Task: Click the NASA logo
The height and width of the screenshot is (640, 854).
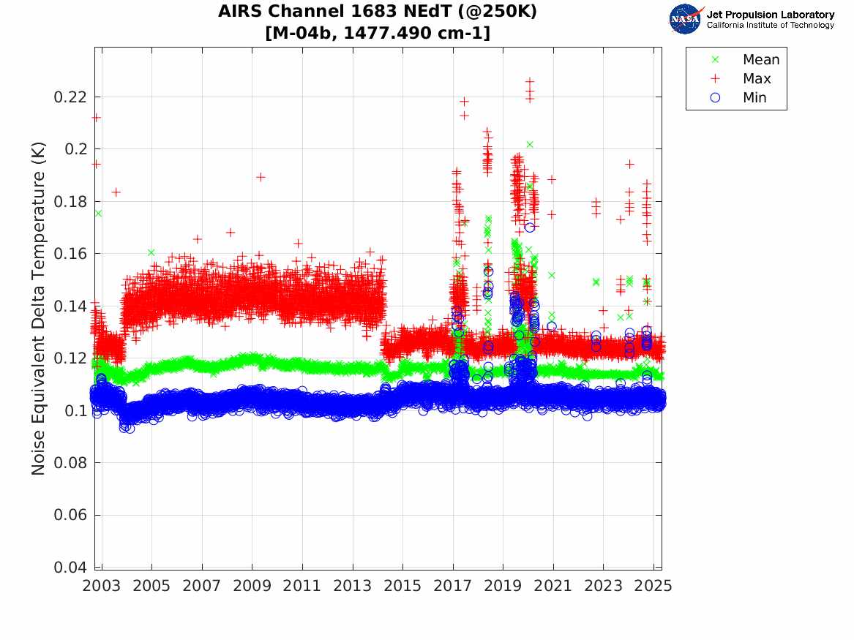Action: pos(686,19)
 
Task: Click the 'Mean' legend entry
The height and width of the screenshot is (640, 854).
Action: pos(761,60)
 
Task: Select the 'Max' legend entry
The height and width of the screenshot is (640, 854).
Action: pos(757,79)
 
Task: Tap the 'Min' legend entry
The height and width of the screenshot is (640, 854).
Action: pos(755,98)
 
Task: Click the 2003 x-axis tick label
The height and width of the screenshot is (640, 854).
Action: pos(102,586)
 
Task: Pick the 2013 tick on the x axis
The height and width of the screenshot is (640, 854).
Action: pos(353,586)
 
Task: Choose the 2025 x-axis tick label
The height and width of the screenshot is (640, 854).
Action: pos(653,586)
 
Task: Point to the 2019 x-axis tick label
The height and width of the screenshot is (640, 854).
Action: pos(503,586)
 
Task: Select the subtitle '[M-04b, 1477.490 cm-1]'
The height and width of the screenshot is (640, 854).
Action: pos(377,33)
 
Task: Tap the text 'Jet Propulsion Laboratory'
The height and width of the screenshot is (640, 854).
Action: pos(770,15)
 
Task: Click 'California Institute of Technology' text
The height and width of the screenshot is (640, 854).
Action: pos(770,26)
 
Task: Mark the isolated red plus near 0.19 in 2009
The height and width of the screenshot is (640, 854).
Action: pos(261,177)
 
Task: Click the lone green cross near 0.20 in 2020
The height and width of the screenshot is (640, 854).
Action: pos(530,144)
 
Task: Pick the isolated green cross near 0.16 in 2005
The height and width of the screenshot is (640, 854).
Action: pos(151,252)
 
